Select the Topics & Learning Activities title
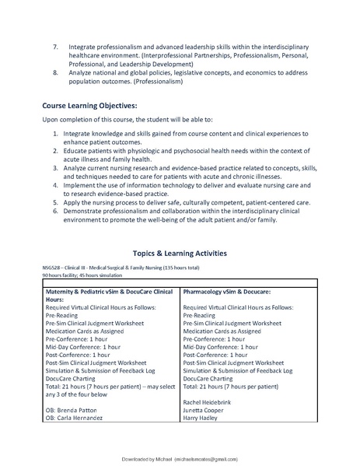[180, 253]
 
